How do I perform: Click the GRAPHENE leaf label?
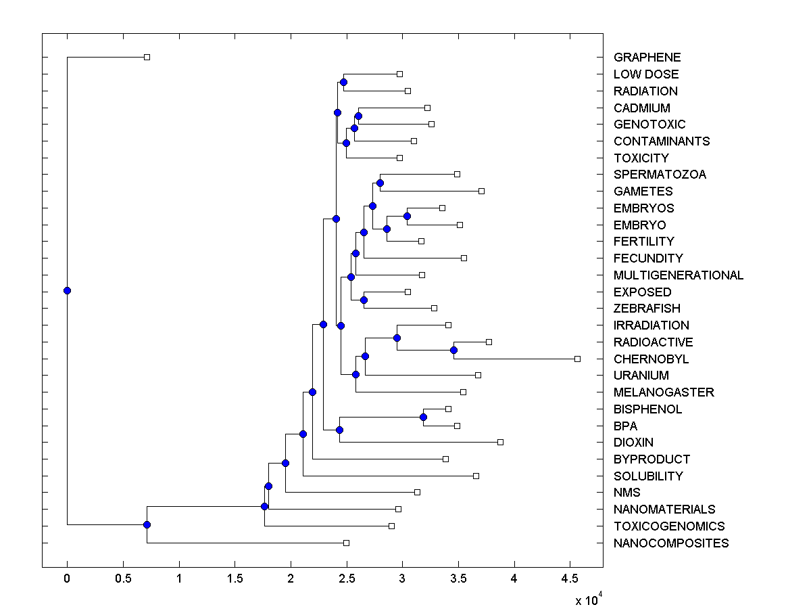647,58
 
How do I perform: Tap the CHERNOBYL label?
651,359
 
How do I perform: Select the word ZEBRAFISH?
647,309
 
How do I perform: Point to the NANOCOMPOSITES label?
671,543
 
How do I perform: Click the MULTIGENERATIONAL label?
678,275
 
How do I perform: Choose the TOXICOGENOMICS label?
668,526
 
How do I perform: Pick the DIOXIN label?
633,443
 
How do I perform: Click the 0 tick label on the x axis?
67,579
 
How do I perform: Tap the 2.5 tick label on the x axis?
347,579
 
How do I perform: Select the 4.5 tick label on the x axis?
570,579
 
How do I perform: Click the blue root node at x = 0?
67,291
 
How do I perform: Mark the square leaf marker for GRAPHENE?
147,57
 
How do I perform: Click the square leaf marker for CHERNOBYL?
577,359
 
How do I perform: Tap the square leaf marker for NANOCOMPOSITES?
346,543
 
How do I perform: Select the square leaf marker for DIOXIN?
500,442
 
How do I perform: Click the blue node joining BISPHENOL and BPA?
423,417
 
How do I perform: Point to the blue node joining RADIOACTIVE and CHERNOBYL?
453,350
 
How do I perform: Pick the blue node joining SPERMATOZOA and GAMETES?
380,183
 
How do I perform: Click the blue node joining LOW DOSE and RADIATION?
343,82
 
